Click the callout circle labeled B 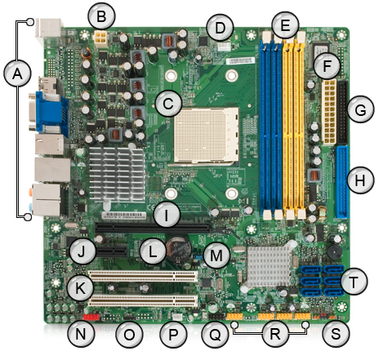click(101, 16)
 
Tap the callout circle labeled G click(360, 109)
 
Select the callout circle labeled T click(353, 282)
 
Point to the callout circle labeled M click(216, 256)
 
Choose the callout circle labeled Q click(216, 334)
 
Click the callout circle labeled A click(17, 73)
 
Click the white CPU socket click(206, 135)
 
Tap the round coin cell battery click(178, 248)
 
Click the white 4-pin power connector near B click(100, 38)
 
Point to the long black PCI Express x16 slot click(153, 227)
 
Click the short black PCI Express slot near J click(111, 251)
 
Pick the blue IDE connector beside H click(342, 182)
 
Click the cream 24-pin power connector click(328, 113)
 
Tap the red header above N click(91, 317)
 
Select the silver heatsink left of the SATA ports click(269, 264)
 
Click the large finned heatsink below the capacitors click(117, 174)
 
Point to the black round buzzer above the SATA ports click(335, 251)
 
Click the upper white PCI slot click(143, 276)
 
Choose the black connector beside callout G click(342, 113)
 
